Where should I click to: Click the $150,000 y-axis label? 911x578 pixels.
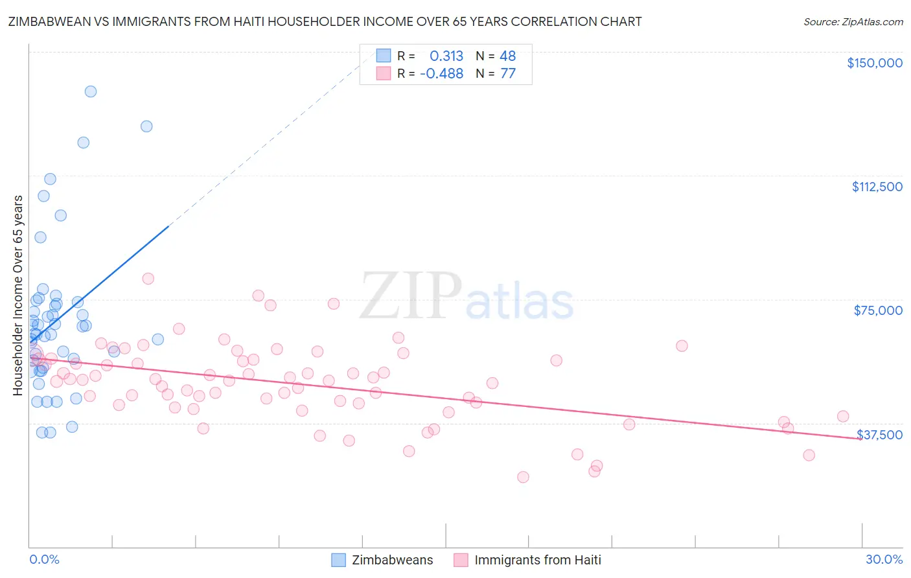874,63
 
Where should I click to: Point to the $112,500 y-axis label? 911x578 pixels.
877,187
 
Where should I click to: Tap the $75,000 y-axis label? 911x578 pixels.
878,310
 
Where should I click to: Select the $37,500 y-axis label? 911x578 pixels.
879,435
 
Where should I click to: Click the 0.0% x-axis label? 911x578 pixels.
44,559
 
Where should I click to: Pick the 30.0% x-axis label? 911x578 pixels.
884,559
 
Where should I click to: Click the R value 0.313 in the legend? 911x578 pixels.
446,56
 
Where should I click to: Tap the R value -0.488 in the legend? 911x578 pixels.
441,74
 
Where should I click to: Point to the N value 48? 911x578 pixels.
507,56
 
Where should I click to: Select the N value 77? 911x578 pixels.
508,74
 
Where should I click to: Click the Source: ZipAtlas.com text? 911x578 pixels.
853,22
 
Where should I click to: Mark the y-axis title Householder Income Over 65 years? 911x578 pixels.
18,295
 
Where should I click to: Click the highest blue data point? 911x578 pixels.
91,91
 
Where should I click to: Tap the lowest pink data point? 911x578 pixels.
523,477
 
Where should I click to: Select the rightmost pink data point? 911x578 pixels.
843,416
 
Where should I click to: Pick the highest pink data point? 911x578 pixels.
148,279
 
